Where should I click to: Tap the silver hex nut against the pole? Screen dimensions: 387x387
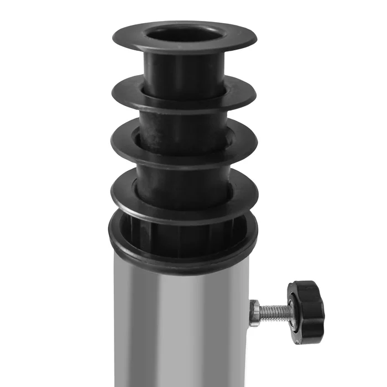[255, 313]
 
